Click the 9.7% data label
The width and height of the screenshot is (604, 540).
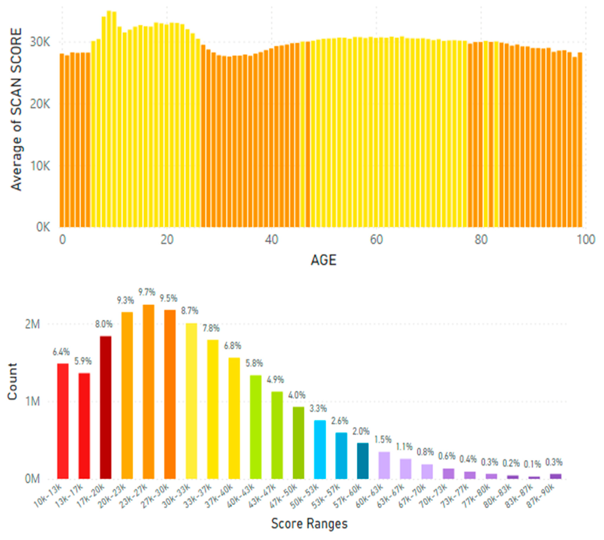pyautogui.click(x=147, y=292)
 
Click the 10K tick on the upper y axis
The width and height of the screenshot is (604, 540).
pyautogui.click(x=40, y=166)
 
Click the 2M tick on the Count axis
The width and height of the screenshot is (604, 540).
pyautogui.click(x=32, y=324)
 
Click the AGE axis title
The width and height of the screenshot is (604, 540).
pyautogui.click(x=323, y=260)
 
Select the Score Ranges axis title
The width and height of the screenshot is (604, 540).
pyautogui.click(x=309, y=524)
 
